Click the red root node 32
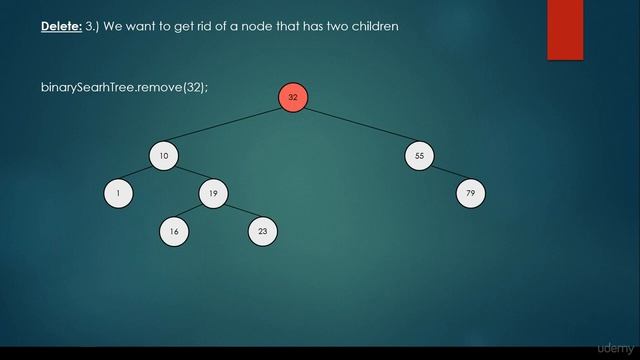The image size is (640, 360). coord(293,97)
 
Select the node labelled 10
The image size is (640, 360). coord(164,156)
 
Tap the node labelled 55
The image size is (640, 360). coord(419,156)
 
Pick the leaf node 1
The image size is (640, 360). coord(118,193)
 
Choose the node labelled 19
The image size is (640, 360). coord(213,193)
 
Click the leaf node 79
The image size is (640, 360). coord(470,193)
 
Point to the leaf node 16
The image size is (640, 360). coord(174,231)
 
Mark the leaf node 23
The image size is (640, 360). coord(262,231)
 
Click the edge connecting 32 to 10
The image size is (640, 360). coord(228,127)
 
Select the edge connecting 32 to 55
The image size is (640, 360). coord(356,127)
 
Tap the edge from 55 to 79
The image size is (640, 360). coord(445,175)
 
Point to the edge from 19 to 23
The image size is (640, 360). coord(238,212)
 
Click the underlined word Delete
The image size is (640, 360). coord(60,27)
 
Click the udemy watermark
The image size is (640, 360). coord(613,347)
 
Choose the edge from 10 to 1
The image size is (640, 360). coord(141,175)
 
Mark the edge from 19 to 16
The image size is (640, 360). coord(193,212)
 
